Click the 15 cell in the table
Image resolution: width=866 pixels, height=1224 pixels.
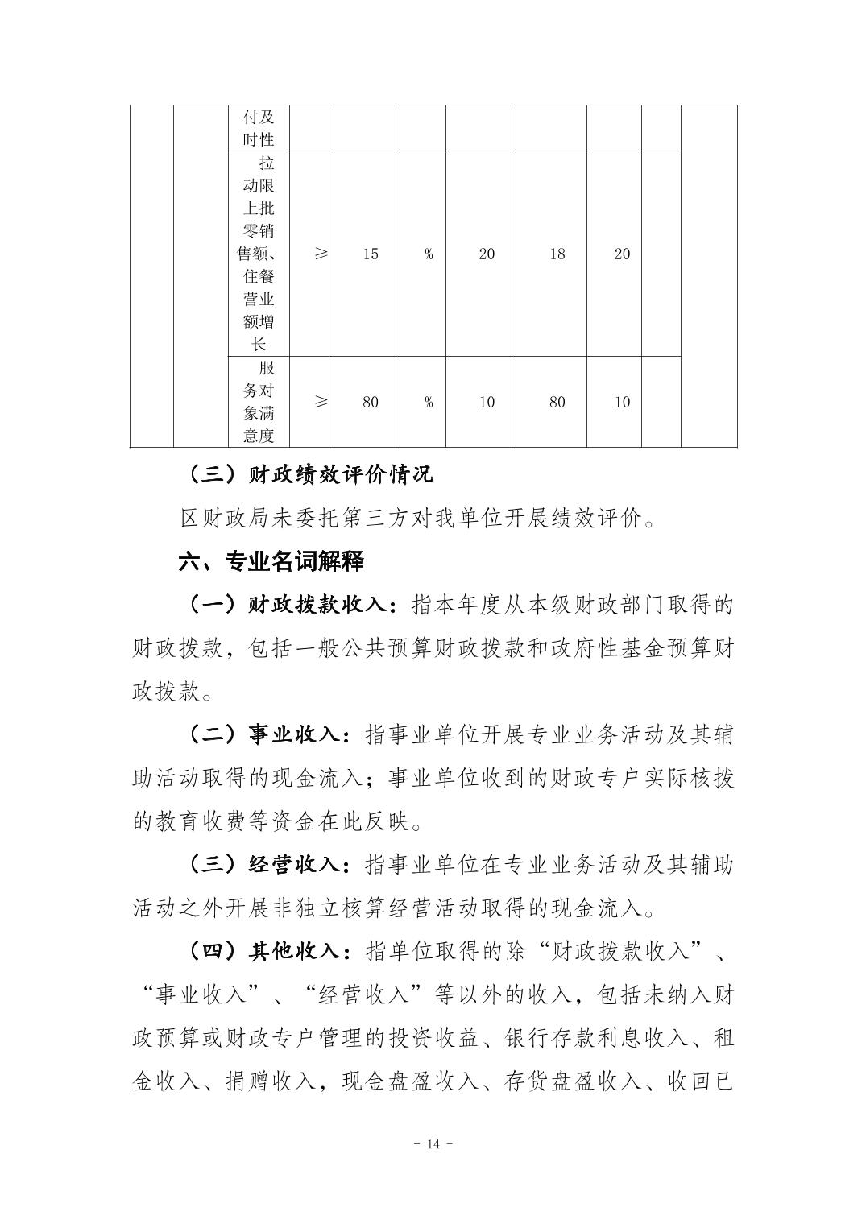tap(370, 254)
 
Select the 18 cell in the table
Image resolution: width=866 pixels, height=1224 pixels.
tap(557, 254)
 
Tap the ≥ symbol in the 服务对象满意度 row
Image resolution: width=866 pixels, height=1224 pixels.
tap(321, 402)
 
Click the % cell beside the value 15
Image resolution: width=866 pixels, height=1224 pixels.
tap(429, 254)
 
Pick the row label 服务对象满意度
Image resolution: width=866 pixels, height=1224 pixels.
tap(259, 402)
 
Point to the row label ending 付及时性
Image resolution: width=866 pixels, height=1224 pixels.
tap(259, 128)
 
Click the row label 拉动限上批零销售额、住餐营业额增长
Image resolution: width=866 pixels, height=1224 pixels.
tap(259, 254)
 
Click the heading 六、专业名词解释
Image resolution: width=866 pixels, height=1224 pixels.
tap(271, 561)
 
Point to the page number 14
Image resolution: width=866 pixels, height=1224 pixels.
tap(433, 1144)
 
